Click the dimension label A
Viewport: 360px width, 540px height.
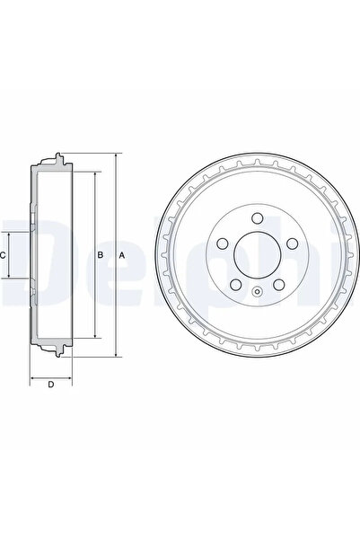121,255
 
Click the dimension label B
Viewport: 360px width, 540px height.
101,255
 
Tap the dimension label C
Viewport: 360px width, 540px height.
3,255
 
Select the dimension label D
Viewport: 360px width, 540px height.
51,385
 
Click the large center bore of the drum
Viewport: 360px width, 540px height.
258,255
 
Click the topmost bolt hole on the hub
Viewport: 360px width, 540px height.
258,218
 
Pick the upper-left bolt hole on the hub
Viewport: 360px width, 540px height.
223,243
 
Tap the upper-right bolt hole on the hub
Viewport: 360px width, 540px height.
292,243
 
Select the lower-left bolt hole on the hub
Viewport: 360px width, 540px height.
236,285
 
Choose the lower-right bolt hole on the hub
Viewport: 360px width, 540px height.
279,285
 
